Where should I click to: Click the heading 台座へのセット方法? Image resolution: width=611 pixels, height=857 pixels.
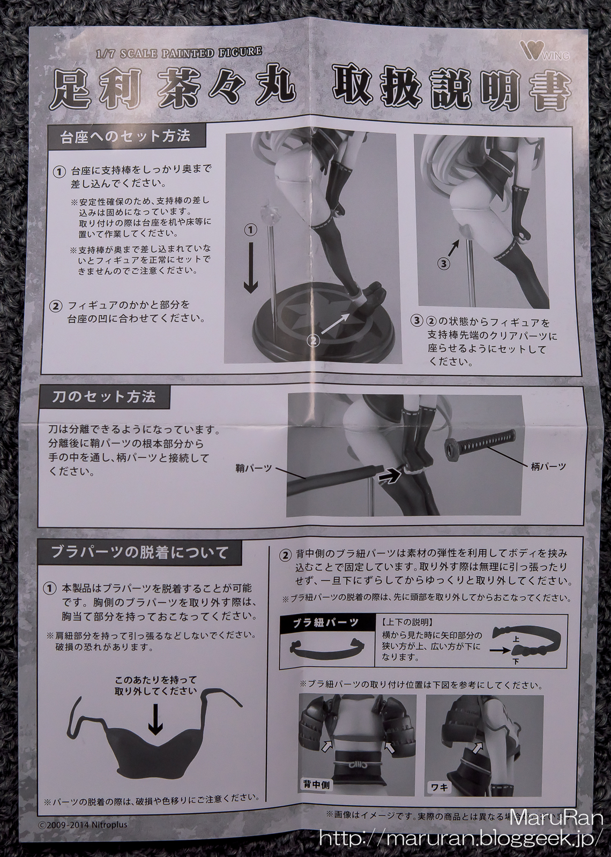125,136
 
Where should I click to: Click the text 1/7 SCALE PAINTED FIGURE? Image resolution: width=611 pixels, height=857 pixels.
178,52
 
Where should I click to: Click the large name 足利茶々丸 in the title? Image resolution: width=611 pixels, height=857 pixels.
174,88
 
